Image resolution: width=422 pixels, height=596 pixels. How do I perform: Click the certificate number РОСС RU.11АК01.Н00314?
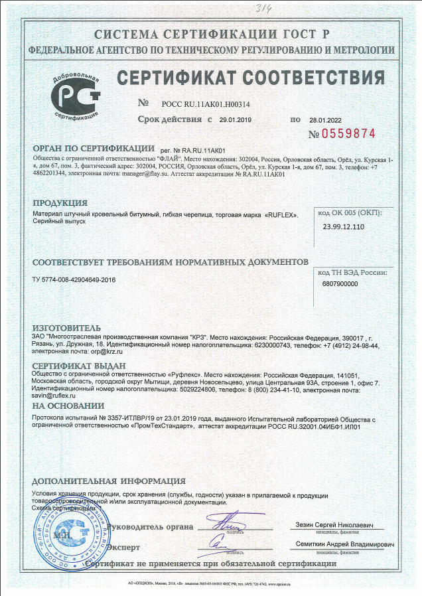206,104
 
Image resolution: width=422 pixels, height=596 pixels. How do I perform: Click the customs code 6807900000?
340,283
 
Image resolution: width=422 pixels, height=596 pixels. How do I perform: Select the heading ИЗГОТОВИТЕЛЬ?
66,328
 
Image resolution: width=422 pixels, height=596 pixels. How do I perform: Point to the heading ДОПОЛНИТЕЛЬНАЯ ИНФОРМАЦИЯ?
109,481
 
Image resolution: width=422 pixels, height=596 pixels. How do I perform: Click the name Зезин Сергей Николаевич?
336,525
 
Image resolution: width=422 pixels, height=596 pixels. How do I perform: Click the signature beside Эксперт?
226,544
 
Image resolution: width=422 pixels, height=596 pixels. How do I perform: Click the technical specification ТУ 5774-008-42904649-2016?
74,280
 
